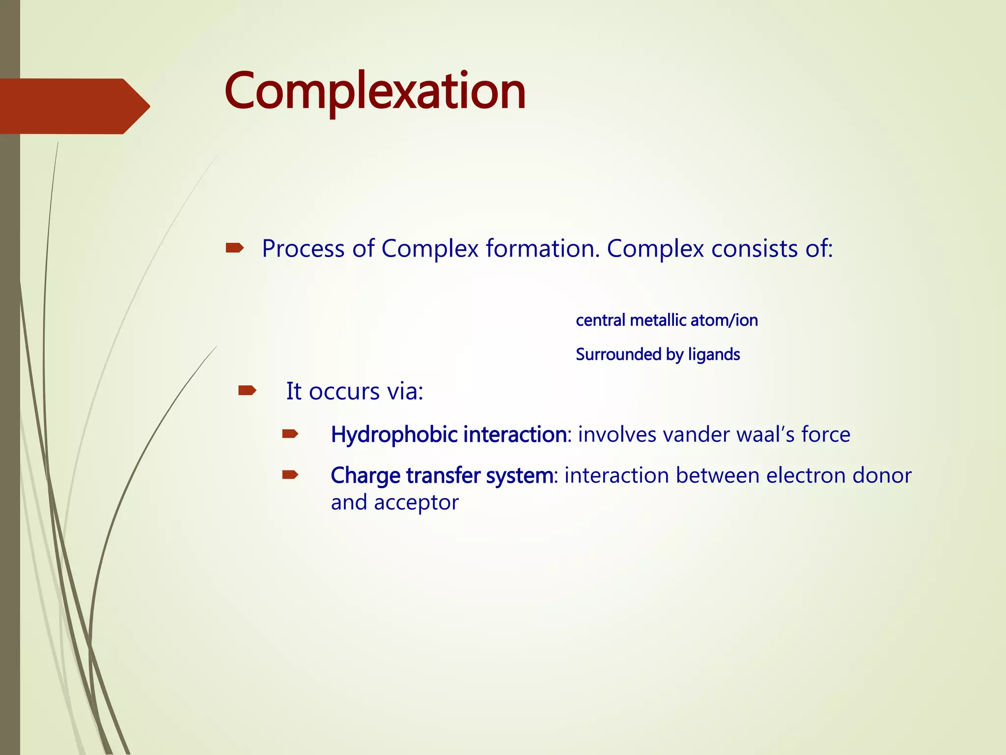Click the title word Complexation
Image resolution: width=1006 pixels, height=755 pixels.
click(x=375, y=91)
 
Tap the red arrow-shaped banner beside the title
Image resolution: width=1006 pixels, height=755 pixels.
click(x=74, y=106)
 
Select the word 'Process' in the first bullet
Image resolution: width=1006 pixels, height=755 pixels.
click(x=303, y=249)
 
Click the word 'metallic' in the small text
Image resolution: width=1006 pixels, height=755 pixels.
click(x=658, y=320)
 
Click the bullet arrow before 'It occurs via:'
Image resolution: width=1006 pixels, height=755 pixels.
click(x=247, y=391)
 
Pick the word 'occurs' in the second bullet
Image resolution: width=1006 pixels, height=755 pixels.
click(x=344, y=392)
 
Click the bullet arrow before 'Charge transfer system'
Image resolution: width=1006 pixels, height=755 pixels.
click(x=290, y=475)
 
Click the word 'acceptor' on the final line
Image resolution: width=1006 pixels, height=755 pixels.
click(x=416, y=503)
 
